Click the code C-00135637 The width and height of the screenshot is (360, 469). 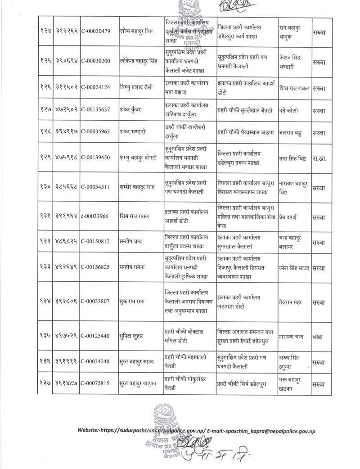point(98,110)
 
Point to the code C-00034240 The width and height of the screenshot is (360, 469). point(98,361)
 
